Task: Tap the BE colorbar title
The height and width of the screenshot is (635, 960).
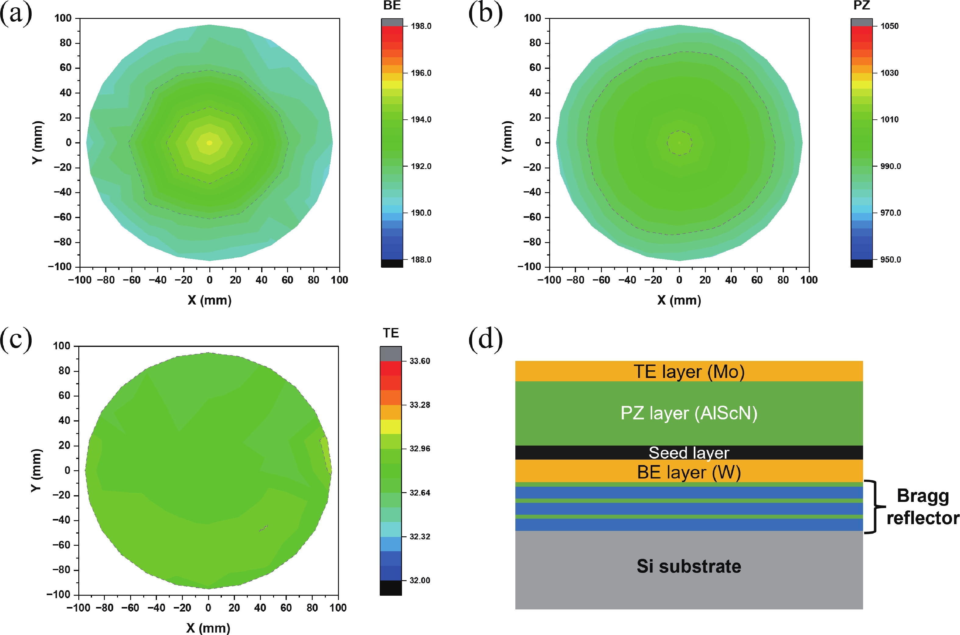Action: pos(392,6)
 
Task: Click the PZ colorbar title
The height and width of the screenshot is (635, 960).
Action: pos(861,6)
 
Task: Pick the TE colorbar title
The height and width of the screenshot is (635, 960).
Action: pos(391,333)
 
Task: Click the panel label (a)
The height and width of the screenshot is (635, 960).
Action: pos(16,14)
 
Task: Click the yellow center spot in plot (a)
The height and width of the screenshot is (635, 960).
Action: pos(209,143)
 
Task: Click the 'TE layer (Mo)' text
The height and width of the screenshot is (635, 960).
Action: pos(689,372)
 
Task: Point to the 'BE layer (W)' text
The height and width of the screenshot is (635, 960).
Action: pos(689,472)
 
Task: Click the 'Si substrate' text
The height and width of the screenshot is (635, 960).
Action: pos(689,566)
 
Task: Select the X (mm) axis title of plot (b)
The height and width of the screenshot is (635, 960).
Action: pos(679,300)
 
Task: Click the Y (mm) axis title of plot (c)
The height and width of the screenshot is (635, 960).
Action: pos(36,470)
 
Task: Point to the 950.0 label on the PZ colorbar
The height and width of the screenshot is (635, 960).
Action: pos(890,259)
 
